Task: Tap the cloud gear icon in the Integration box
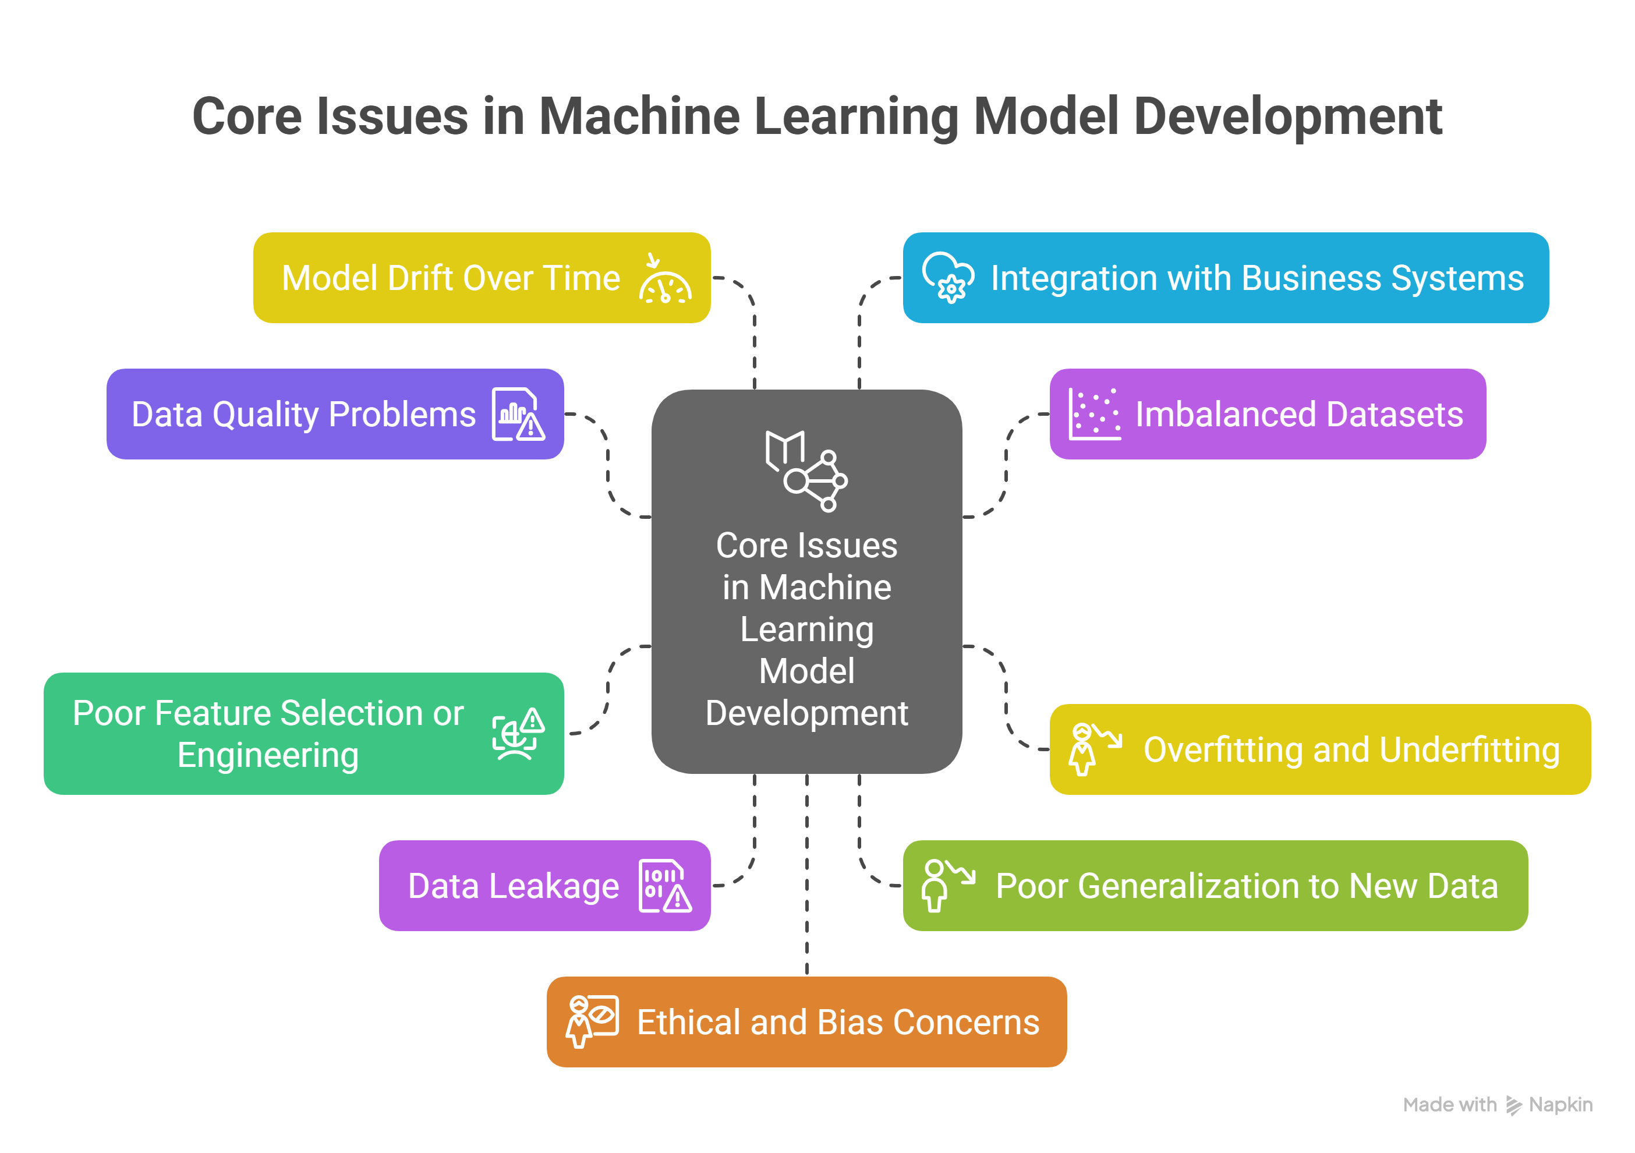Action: [948, 278]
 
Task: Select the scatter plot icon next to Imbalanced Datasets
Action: [1095, 415]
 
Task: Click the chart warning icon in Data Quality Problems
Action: [518, 415]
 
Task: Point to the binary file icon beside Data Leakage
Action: [665, 886]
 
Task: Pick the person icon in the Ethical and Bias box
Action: [592, 1022]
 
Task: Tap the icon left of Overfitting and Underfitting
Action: [1095, 749]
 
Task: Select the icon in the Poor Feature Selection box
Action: [518, 734]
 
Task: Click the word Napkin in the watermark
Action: [1560, 1105]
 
